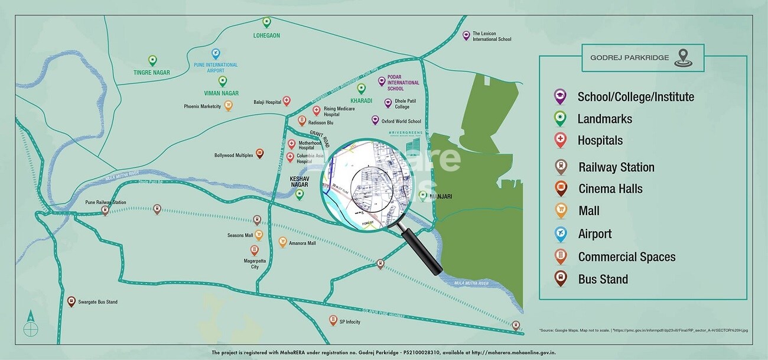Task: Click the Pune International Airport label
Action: click(216, 67)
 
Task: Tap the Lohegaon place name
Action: click(266, 35)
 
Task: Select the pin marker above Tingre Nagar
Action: click(152, 60)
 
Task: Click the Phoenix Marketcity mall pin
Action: click(228, 106)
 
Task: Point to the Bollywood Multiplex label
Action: click(233, 155)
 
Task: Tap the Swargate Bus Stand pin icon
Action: click(71, 301)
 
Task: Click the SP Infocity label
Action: click(349, 322)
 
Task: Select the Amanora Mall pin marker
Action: click(283, 242)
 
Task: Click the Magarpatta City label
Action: click(255, 263)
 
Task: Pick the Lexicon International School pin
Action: click(466, 35)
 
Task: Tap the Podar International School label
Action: click(403, 83)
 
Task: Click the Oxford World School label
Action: click(401, 121)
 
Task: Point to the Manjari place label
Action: click(441, 196)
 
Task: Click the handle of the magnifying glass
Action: click(422, 252)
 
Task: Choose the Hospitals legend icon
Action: click(560, 140)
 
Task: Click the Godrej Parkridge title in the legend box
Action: click(629, 57)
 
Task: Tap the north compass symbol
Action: click(30, 327)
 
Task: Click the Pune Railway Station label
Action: click(106, 203)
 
